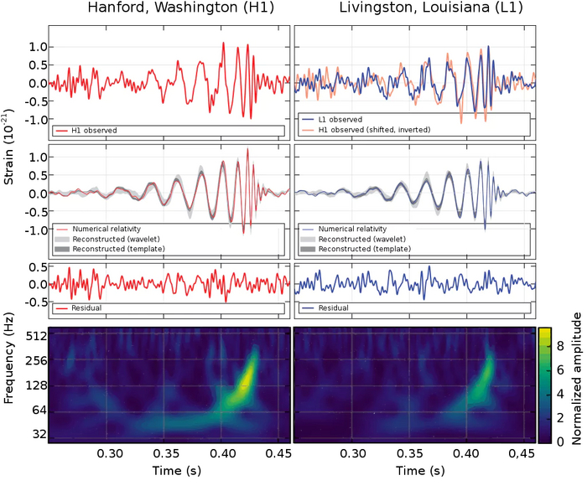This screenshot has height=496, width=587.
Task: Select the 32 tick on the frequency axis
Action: (36, 435)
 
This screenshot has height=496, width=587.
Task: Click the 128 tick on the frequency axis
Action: (34, 386)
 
